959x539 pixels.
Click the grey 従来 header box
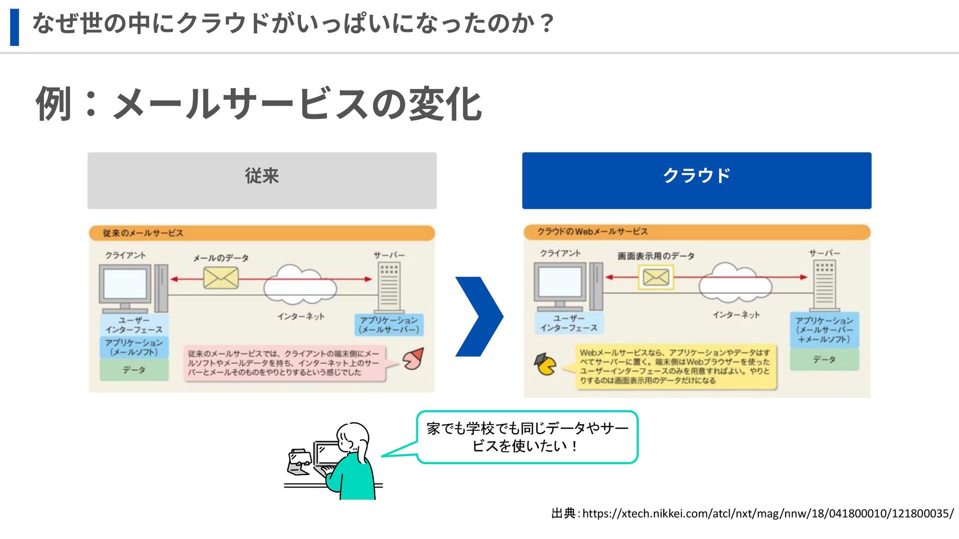(262, 180)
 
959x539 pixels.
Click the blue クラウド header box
(696, 180)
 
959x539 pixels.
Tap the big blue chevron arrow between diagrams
(479, 316)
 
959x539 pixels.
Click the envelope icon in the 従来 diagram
(221, 278)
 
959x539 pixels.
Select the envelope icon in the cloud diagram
(656, 277)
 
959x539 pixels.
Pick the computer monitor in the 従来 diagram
(125, 284)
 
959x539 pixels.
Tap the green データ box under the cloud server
(824, 359)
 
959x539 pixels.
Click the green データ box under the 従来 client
(134, 370)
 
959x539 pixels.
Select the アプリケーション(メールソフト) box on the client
(134, 347)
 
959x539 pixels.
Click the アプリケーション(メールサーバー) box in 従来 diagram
(389, 324)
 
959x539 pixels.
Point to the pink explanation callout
(285, 363)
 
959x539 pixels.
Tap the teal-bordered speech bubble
(527, 437)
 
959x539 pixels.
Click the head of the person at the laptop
(353, 437)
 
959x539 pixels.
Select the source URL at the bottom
(767, 513)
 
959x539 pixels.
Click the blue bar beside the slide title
(14, 27)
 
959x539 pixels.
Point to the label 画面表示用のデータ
(656, 256)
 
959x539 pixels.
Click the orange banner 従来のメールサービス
(262, 233)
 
